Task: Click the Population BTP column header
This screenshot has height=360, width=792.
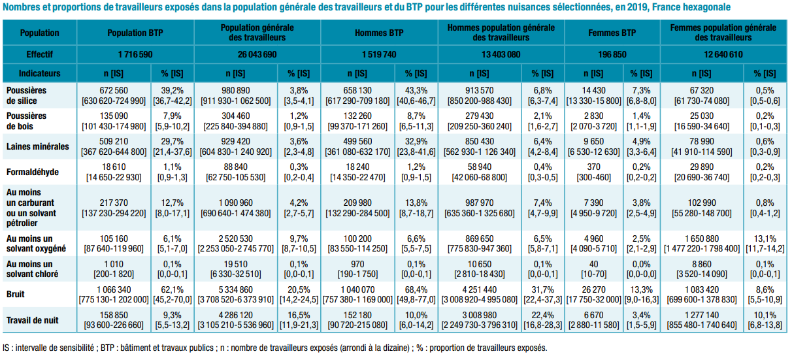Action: tap(135, 33)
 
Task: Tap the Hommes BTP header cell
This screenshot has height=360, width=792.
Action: tap(379, 33)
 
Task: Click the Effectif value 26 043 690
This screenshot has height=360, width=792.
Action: tap(257, 54)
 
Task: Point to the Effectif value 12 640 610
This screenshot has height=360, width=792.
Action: tap(723, 54)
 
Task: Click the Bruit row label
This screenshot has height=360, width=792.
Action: tap(16, 295)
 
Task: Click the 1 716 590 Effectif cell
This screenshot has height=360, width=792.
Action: tap(135, 54)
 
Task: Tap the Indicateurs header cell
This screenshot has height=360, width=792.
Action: tap(39, 73)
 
